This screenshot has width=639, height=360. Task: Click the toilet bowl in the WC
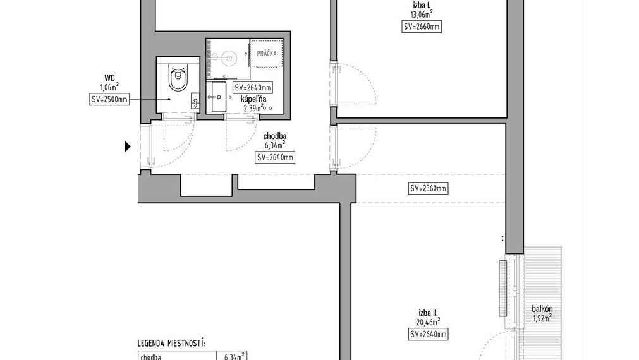click(x=178, y=78)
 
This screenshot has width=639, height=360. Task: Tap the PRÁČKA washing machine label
click(x=267, y=54)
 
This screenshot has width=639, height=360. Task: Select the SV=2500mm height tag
click(x=109, y=99)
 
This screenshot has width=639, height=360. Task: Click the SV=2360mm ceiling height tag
click(x=428, y=188)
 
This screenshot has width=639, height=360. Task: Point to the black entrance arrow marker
click(x=128, y=147)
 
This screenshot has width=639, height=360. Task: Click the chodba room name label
click(x=275, y=136)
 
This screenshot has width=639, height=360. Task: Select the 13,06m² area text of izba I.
click(x=422, y=15)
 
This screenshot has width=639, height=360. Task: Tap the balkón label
click(x=542, y=309)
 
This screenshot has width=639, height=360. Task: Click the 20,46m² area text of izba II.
click(x=428, y=321)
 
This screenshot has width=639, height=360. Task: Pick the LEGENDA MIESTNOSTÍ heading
click(x=171, y=344)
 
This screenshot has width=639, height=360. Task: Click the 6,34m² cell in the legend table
click(x=234, y=357)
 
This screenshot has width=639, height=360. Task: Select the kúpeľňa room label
click(x=253, y=99)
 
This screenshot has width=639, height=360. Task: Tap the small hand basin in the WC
click(x=195, y=100)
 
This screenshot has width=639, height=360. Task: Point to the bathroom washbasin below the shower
click(x=216, y=97)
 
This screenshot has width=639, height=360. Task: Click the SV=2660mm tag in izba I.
click(x=422, y=27)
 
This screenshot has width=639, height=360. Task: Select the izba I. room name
click(x=422, y=6)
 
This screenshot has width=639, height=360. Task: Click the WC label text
click(x=109, y=78)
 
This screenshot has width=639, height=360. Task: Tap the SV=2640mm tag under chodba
click(x=275, y=158)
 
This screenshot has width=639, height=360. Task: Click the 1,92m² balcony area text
click(x=542, y=318)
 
